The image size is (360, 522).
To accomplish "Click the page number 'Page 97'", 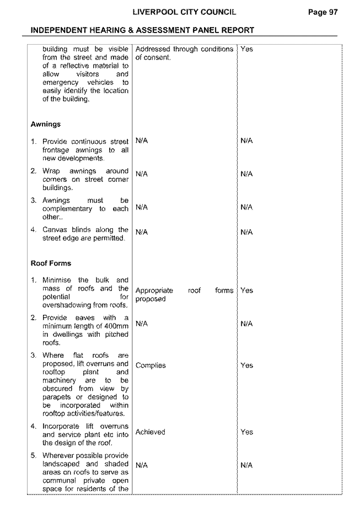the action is coord(323,12).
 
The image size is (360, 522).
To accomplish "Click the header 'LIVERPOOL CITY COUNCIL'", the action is coord(185,12).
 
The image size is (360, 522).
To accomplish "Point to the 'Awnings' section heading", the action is coord(46,124).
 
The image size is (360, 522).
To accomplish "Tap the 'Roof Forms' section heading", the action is coord(51,263).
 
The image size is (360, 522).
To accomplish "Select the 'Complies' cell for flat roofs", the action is coord(151,365).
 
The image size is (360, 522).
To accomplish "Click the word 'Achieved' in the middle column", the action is coord(150,432).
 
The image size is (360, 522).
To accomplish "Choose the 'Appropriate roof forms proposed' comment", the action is coord(184,294).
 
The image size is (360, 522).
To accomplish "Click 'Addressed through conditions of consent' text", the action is coord(184,53).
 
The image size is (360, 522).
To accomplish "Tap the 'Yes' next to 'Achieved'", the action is coord(247,432).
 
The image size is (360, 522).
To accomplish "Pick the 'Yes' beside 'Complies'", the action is coord(247,365).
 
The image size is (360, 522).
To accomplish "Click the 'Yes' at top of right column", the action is coord(247,49).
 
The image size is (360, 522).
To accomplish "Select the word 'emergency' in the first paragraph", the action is coord(60,83).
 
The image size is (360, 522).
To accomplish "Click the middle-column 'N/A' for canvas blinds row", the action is coord(142,232).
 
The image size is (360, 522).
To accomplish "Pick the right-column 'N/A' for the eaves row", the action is coord(246,324).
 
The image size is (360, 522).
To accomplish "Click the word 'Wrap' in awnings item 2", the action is coord(51,171).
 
